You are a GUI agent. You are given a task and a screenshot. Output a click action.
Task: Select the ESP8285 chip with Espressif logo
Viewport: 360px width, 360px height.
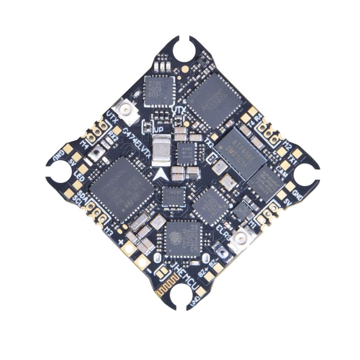point(184,241)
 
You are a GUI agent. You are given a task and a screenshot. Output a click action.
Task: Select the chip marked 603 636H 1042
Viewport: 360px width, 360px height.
point(159,90)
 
